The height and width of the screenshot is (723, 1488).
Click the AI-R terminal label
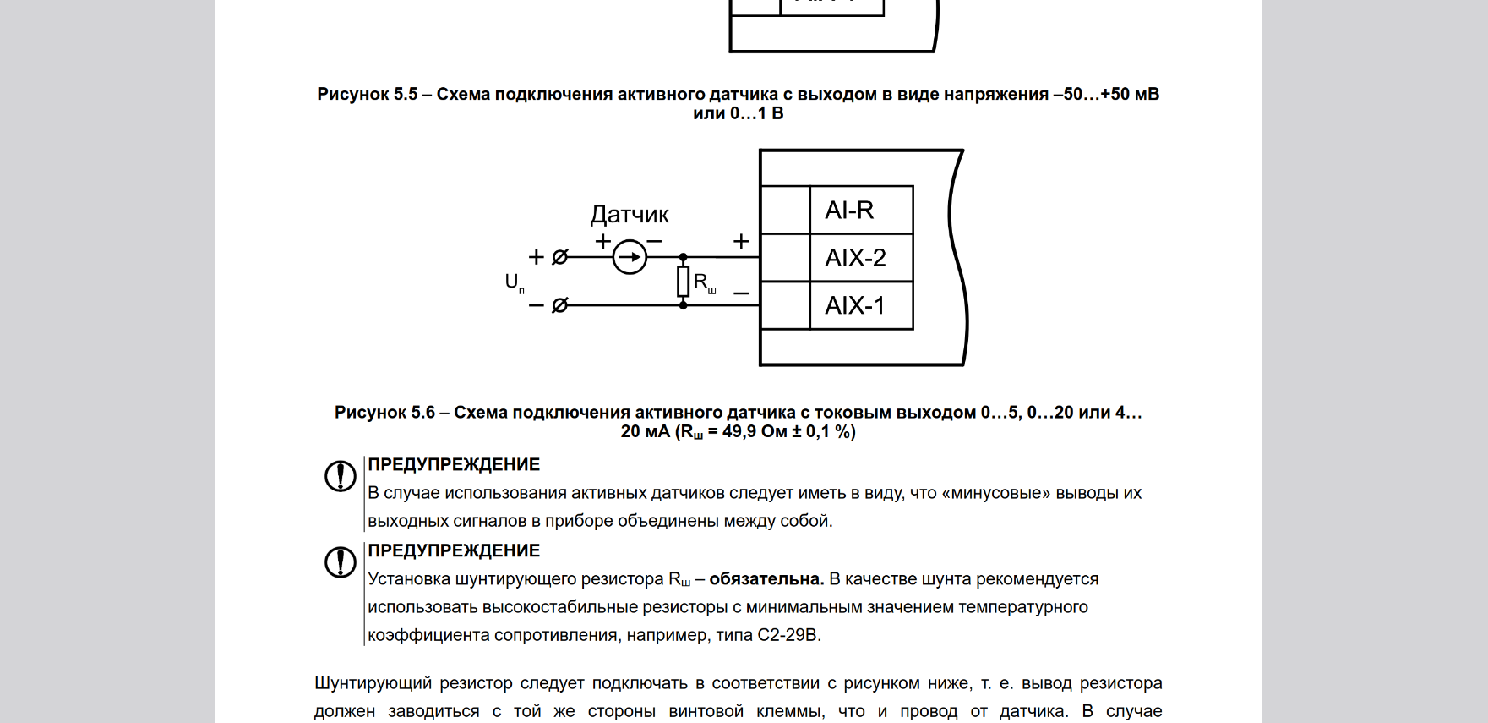point(849,210)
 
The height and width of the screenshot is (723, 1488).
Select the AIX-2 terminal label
point(855,257)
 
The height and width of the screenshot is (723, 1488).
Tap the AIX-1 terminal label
point(855,305)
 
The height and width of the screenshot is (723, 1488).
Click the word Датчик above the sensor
point(630,215)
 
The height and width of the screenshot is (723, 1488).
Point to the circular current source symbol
point(630,257)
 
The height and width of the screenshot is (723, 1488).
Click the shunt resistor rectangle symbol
point(683,281)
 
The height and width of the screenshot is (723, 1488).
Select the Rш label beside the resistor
point(704,282)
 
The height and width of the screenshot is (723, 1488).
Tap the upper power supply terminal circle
point(559,257)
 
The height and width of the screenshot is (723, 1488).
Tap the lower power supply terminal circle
point(559,305)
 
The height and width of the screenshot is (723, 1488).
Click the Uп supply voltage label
point(514,282)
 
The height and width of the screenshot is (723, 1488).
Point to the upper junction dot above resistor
point(683,257)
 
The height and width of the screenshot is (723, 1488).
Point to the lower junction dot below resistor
point(683,305)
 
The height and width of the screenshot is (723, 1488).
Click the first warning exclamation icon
point(341,476)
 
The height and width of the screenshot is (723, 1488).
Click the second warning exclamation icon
point(341,562)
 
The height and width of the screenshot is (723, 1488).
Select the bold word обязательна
point(766,579)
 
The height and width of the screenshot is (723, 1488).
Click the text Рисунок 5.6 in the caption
point(384,413)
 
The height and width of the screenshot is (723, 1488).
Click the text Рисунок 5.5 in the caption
point(367,95)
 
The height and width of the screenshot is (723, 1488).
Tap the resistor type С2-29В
point(788,635)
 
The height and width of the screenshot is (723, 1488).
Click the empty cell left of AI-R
point(785,210)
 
